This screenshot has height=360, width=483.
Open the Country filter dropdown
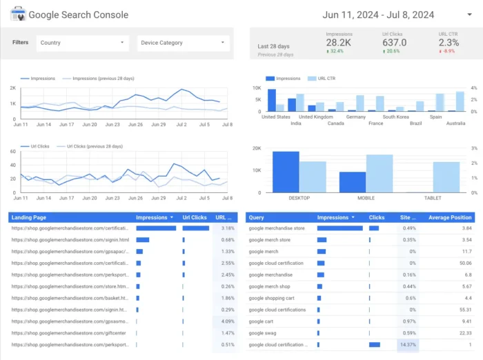(83, 43)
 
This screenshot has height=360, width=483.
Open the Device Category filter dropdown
(183, 43)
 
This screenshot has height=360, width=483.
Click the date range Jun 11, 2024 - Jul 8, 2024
(377, 14)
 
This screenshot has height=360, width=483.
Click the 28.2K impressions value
(339, 43)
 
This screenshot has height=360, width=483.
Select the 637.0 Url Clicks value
(395, 43)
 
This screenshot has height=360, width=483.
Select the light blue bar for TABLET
(446, 177)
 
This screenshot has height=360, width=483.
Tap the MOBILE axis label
(366, 199)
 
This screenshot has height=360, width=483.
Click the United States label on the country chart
(276, 117)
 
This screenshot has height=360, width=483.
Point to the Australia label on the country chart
(455, 123)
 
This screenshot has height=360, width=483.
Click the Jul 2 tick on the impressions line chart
(181, 125)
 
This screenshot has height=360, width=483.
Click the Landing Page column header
(28, 217)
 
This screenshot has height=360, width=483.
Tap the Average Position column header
(450, 217)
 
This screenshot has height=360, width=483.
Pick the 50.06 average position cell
(464, 263)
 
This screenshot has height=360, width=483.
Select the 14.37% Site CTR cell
(407, 344)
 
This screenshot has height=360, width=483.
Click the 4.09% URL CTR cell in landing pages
(226, 321)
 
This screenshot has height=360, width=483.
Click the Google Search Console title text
(78, 14)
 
